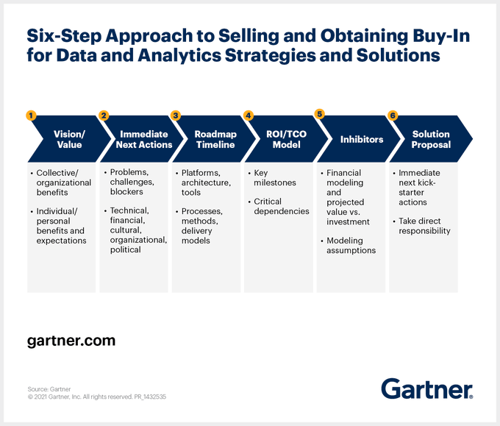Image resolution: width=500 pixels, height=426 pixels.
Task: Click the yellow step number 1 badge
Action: tap(31, 116)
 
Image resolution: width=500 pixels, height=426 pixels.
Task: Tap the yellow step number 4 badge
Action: tap(249, 116)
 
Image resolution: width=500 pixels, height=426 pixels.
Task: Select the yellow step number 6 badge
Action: tap(393, 116)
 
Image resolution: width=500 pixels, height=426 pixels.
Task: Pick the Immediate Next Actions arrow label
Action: tap(143, 139)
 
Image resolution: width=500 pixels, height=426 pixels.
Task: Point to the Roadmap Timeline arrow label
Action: tap(215, 139)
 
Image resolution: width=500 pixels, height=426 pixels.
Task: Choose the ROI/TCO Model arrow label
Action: tap(287, 139)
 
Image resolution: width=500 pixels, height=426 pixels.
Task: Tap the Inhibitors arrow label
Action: tap(361, 139)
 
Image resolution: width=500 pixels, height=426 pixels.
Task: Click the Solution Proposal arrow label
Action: tap(431, 139)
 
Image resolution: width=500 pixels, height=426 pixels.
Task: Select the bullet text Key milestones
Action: tap(275, 177)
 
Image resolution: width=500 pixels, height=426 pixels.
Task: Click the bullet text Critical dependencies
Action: tap(281, 206)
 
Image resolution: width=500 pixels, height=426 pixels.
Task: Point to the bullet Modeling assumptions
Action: tap(351, 245)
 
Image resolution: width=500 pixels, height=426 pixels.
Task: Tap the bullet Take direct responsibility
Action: tap(424, 226)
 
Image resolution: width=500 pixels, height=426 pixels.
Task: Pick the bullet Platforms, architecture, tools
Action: tap(206, 182)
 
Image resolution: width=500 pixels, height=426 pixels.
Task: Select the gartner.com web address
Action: tap(71, 341)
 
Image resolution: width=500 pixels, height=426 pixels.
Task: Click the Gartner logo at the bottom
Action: tap(426, 388)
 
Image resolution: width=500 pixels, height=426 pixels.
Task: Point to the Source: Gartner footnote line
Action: tap(49, 388)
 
